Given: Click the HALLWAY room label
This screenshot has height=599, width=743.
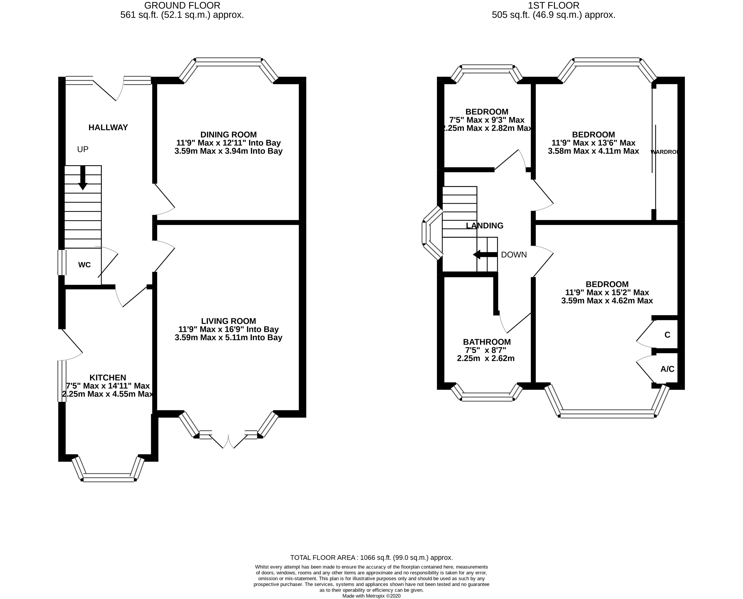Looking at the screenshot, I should click(108, 127).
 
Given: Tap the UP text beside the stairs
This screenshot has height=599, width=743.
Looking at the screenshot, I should click(83, 149).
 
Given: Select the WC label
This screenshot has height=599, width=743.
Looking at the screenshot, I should click(85, 265).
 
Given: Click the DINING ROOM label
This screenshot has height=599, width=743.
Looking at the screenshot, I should click(228, 135).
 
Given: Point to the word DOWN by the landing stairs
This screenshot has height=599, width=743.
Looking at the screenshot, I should click(514, 255).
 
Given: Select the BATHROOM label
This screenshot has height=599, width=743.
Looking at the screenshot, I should click(486, 342).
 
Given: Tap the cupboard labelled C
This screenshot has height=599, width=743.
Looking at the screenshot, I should click(667, 335).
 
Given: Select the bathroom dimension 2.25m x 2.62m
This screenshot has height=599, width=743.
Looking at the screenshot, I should click(485, 358).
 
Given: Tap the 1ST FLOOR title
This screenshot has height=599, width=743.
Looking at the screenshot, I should click(553, 6).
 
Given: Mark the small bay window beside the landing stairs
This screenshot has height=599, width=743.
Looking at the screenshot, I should click(431, 233).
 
